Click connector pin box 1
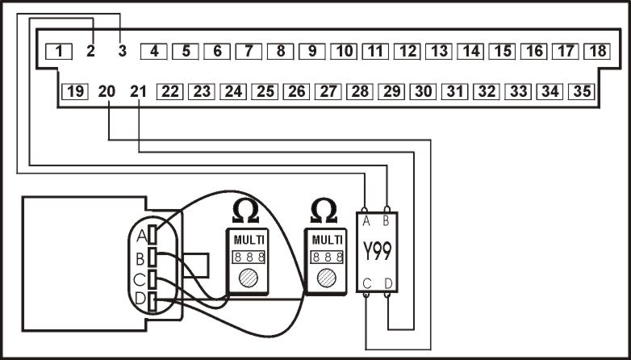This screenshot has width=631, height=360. click(x=59, y=51)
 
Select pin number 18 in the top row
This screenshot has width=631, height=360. click(x=597, y=51)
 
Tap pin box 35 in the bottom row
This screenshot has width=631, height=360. click(x=582, y=92)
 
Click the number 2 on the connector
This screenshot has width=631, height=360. click(x=90, y=51)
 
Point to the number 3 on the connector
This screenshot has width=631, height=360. click(x=123, y=51)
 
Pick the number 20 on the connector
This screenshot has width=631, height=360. click(x=107, y=92)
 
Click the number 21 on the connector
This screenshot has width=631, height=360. click(x=138, y=92)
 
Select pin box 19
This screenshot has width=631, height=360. click(x=75, y=92)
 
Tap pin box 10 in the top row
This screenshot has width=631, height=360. click(x=344, y=51)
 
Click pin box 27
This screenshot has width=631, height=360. click(x=328, y=92)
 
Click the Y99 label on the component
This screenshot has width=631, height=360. click(x=377, y=251)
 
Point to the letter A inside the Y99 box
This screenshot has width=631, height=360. click(x=366, y=221)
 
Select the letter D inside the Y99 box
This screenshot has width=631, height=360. click(x=388, y=283)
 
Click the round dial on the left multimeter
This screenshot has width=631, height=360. click(x=248, y=278)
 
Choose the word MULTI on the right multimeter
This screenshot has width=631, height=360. click(x=327, y=241)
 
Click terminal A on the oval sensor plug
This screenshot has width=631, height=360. click(x=153, y=235)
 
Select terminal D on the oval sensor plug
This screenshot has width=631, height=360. click(x=153, y=302)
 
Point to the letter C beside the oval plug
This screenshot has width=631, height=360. click(x=140, y=280)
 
